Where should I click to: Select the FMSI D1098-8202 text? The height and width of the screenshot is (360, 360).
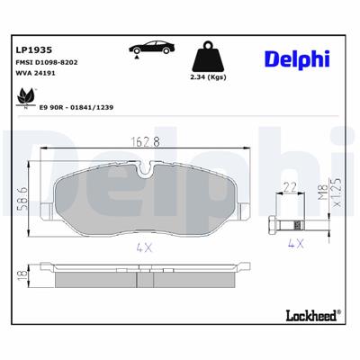46,60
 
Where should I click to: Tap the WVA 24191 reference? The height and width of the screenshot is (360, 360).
36,72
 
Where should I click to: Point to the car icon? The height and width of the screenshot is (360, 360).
152,49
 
